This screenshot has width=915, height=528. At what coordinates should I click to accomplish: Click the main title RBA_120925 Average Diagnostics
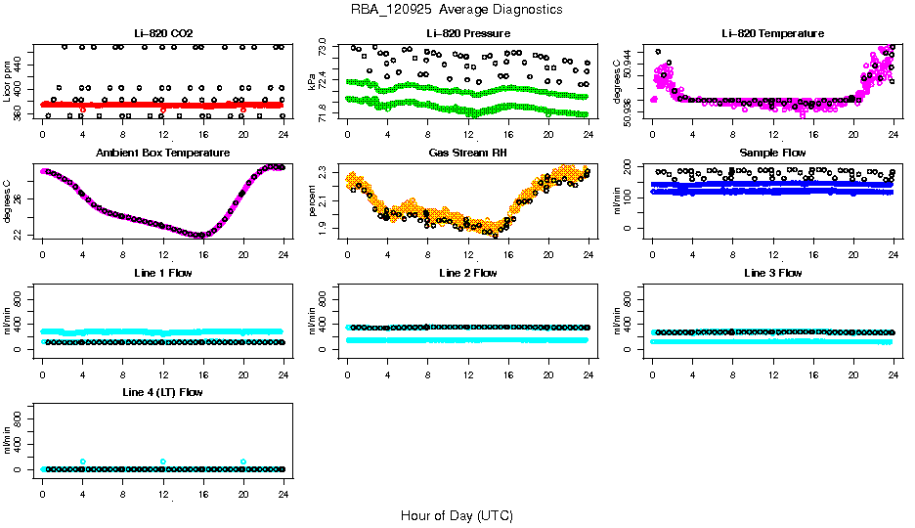click(x=457, y=10)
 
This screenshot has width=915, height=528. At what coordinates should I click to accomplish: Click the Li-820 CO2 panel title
click(x=163, y=34)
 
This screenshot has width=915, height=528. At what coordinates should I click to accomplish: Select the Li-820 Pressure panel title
click(x=467, y=34)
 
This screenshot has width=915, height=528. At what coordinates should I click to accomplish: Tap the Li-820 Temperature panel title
click(x=772, y=34)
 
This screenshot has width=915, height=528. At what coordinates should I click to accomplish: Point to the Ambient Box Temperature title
click(x=163, y=154)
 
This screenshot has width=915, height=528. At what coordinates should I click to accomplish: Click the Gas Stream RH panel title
click(x=467, y=154)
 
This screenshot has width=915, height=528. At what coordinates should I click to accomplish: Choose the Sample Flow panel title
click(x=772, y=154)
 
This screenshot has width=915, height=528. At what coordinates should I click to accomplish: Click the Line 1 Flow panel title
click(x=163, y=273)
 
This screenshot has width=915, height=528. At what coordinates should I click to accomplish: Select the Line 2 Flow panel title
click(x=467, y=273)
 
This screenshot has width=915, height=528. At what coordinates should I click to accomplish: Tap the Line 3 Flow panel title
click(x=772, y=273)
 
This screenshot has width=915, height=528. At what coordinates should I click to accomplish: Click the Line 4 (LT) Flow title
click(x=163, y=392)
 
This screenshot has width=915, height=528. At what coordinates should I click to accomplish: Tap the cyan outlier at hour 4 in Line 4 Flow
click(x=83, y=462)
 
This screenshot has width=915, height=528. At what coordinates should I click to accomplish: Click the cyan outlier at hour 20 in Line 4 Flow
click(x=243, y=462)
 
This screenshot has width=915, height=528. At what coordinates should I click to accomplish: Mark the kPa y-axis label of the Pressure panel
click(x=314, y=84)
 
